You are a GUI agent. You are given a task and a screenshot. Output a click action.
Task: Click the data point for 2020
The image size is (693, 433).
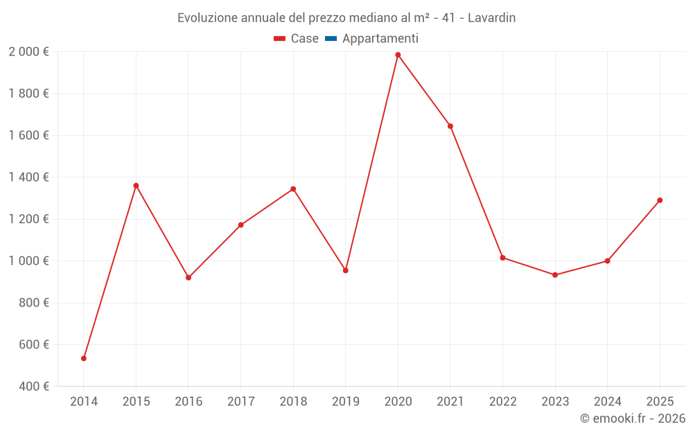[398, 55]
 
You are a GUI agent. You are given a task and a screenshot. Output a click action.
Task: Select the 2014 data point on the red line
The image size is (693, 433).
[84, 358]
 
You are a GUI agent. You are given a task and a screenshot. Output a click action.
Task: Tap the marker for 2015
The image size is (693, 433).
[136, 186]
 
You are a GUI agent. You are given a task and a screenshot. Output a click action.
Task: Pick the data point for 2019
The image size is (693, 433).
[346, 270]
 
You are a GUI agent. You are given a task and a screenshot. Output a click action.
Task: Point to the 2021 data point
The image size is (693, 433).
[450, 126]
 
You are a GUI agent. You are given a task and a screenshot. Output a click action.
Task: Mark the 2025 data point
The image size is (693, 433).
[660, 200]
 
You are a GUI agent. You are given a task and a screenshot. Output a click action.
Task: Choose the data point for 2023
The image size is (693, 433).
[555, 275]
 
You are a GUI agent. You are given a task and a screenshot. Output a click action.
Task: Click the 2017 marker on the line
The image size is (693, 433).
[240, 225]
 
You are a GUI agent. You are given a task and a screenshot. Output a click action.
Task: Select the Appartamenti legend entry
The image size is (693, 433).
[380, 39]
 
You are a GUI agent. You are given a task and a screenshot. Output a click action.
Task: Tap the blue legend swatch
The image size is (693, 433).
[331, 39]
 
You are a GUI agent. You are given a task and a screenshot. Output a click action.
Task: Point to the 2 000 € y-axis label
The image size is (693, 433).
[28, 52]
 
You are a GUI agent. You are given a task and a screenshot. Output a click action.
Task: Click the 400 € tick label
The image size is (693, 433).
[33, 387]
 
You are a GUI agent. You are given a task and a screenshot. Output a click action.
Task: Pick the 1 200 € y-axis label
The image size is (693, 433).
[28, 219]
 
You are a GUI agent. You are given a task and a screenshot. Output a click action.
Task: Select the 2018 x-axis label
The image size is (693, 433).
[293, 402]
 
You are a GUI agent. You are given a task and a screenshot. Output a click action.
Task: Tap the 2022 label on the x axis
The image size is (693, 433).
[502, 402]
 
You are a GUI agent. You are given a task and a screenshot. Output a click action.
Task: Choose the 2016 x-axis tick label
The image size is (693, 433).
[188, 402]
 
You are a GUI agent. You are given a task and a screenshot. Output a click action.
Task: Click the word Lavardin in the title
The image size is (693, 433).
[491, 18]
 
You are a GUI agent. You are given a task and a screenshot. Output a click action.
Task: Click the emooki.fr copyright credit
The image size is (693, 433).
[633, 418]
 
